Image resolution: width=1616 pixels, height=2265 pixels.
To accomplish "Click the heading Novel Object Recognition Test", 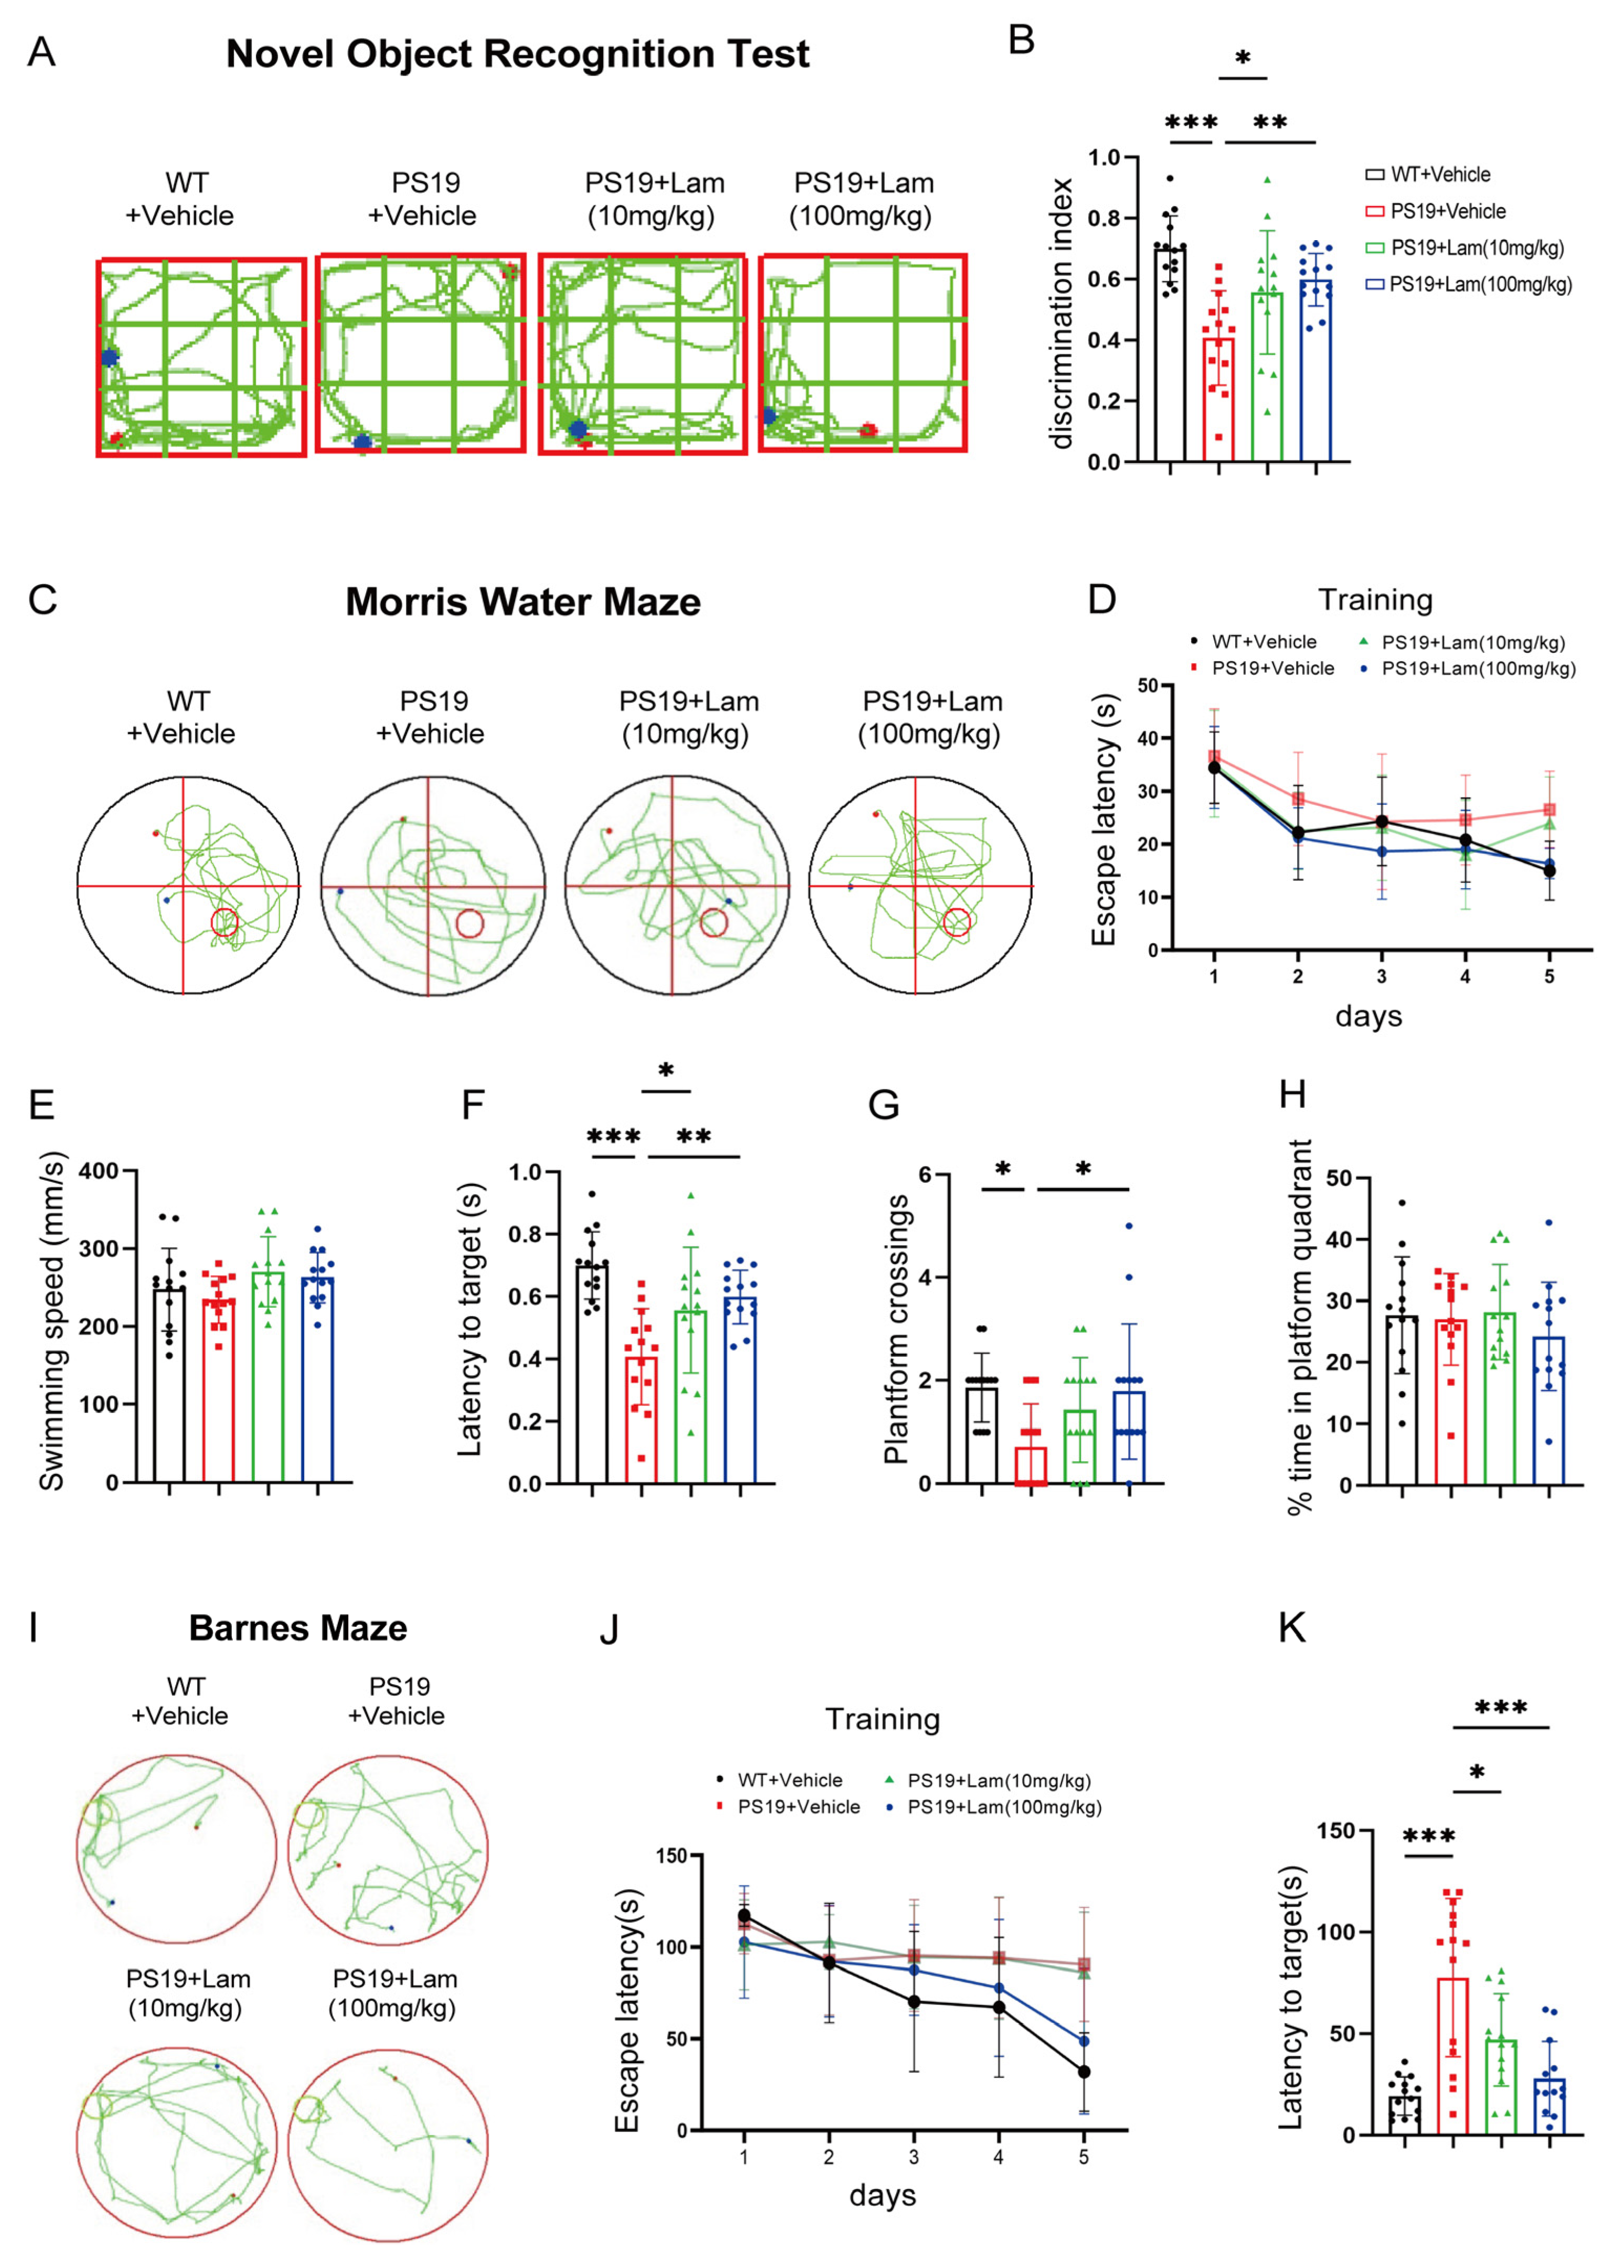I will (518, 55).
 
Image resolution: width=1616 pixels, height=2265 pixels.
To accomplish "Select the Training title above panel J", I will (883, 1719).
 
